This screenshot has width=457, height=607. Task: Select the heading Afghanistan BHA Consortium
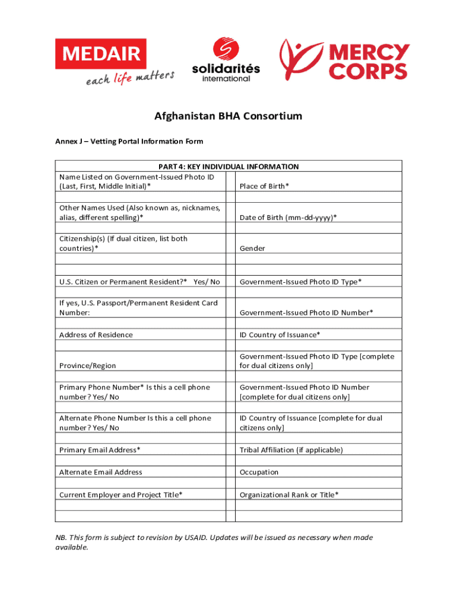point(228,116)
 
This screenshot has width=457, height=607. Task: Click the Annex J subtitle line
point(129,141)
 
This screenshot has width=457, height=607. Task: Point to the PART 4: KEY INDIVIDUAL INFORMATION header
point(228,167)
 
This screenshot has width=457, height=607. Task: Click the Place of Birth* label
point(264,186)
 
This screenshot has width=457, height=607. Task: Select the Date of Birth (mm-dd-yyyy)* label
point(288,218)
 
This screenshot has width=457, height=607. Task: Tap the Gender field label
point(252,248)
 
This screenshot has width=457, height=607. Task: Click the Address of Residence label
point(96,335)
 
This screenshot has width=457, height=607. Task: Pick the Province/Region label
point(88,366)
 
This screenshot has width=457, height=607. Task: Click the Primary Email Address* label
point(100,450)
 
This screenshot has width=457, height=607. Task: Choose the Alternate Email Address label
point(101,472)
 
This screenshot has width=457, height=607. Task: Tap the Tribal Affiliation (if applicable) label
point(291,450)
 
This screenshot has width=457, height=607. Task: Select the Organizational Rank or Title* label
point(289,495)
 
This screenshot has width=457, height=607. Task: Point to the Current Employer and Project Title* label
point(120,495)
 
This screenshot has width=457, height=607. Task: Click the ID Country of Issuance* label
point(280,335)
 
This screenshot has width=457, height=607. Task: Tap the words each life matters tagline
point(129,79)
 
